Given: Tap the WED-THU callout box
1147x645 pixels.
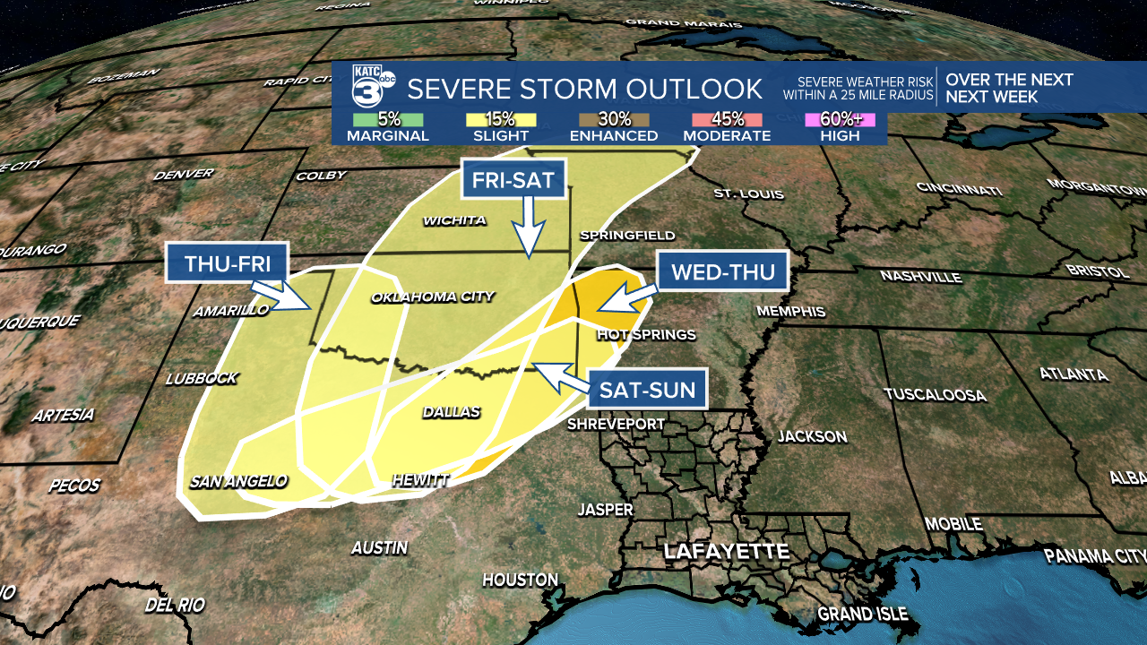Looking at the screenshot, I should (722, 271).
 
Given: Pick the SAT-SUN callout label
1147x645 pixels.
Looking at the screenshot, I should (648, 390).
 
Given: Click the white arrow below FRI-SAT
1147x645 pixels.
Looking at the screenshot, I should (529, 228).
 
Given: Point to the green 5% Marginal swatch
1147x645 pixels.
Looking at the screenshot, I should (387, 119).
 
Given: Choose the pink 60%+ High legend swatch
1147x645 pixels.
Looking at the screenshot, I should (840, 119).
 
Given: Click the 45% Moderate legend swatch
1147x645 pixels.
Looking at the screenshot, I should (727, 119).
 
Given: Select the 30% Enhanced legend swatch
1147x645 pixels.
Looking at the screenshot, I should (614, 119).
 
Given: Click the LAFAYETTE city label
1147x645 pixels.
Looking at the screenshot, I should (726, 551).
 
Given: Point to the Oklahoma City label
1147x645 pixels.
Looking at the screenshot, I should (433, 297).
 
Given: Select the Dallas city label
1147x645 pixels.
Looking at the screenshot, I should (452, 412).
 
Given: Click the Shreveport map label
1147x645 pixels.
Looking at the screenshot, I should (616, 424).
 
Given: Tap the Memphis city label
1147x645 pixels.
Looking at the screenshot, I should (791, 311).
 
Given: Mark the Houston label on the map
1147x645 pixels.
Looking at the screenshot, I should (520, 580).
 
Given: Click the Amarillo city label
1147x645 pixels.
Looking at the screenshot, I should (230, 310).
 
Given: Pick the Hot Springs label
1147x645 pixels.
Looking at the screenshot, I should (646, 334).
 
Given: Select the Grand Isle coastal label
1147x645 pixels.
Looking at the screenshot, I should (862, 614).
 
